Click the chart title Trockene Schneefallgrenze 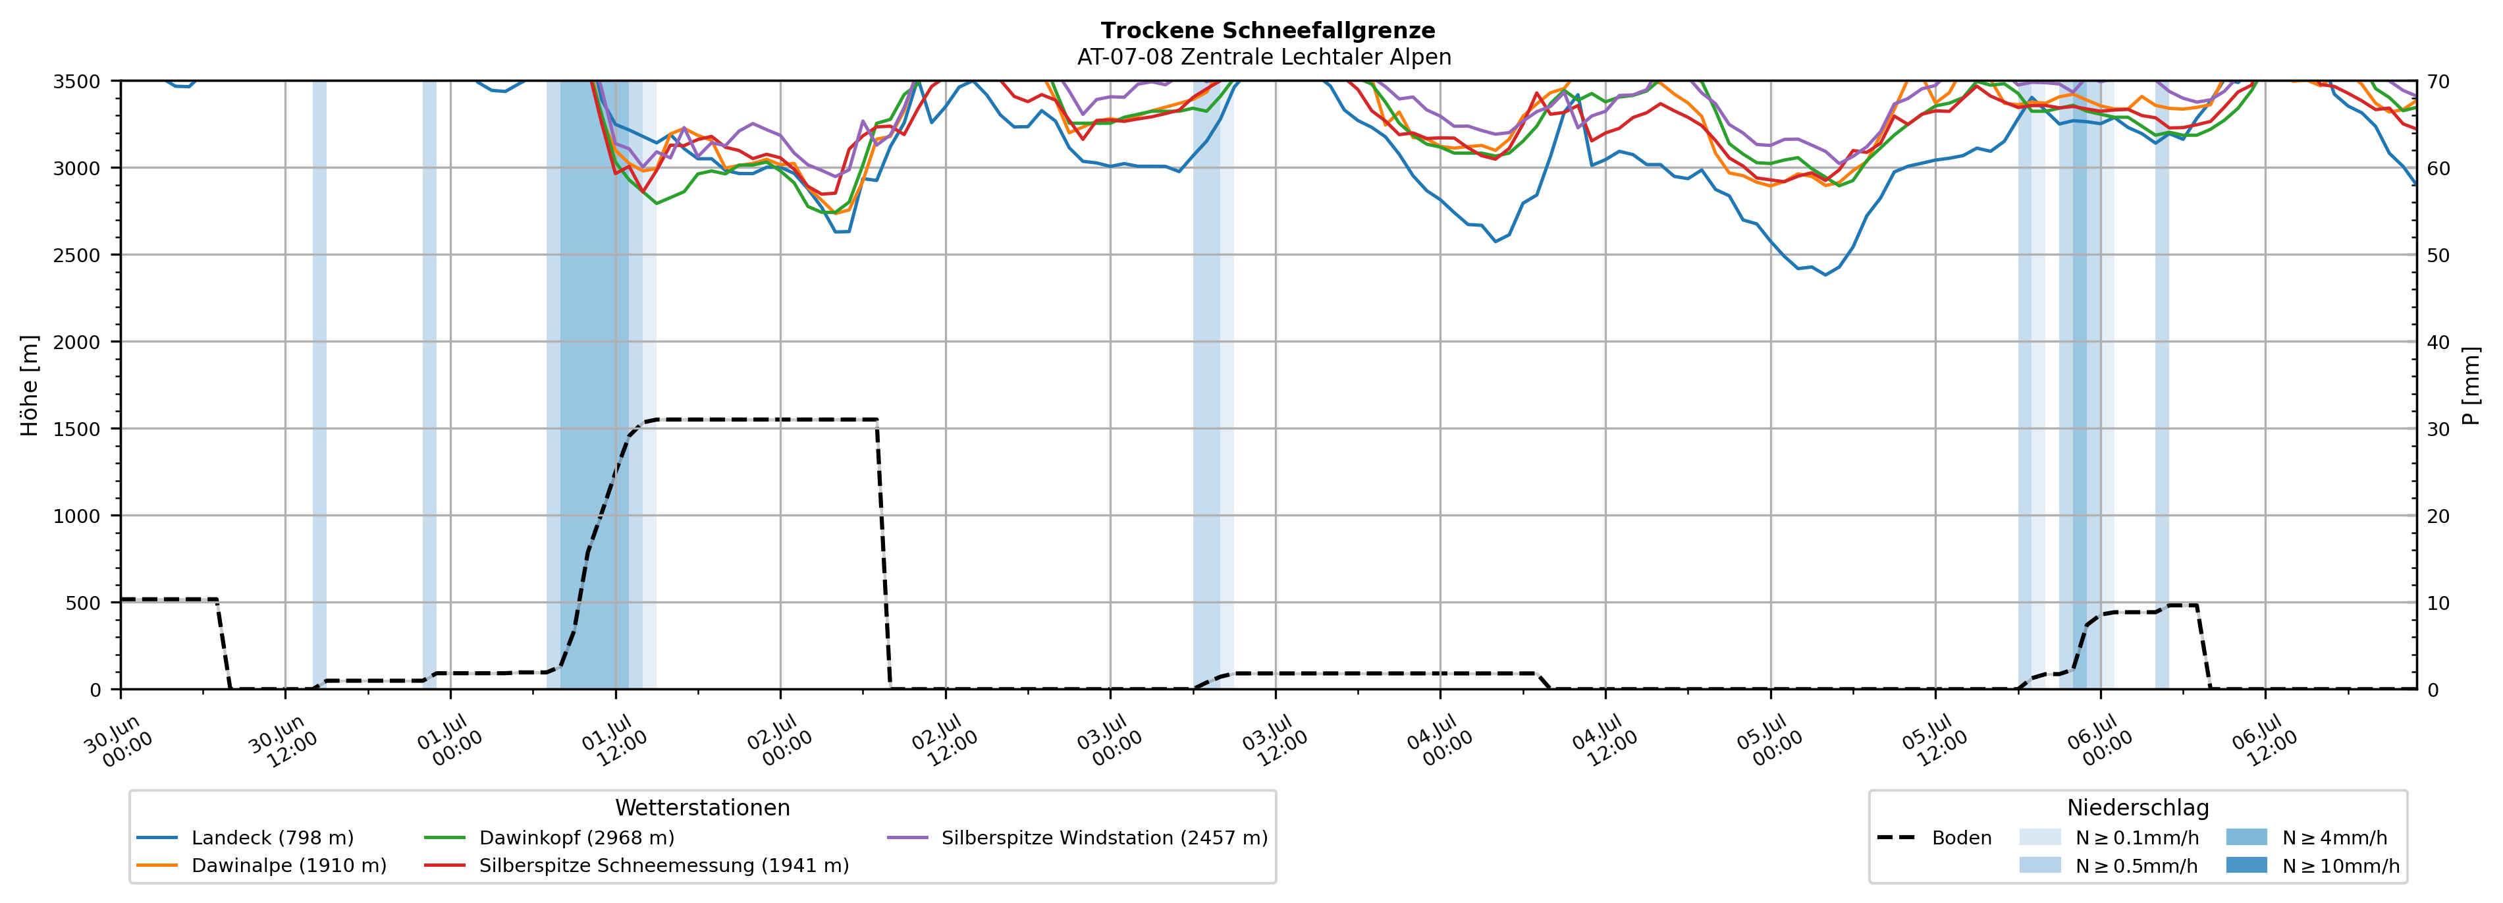[x=1268, y=30]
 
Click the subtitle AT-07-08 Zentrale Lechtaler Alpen [x=1264, y=57]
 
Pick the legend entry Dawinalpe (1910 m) [x=261, y=865]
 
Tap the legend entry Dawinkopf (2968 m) [x=550, y=838]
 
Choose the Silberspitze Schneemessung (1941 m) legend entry [x=637, y=865]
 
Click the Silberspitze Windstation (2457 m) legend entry [x=1077, y=838]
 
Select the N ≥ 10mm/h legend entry [x=2313, y=865]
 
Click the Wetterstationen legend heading [x=703, y=807]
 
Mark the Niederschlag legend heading [x=2138, y=807]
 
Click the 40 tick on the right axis [x=2438, y=342]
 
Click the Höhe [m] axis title [x=30, y=385]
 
